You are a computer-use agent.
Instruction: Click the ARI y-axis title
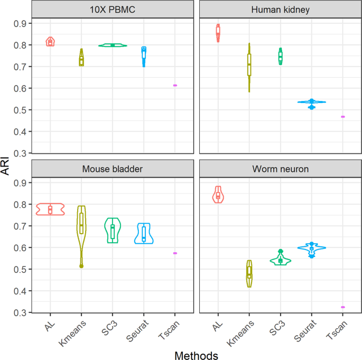tap(7, 168)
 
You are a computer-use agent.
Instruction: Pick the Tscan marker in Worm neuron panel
tap(342, 307)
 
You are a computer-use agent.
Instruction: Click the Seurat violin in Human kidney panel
tap(312, 102)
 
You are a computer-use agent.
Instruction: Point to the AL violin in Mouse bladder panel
tap(50, 209)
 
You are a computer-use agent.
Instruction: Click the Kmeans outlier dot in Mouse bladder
tap(81, 266)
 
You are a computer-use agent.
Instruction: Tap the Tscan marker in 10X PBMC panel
tap(175, 85)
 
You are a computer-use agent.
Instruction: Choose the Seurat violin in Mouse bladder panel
tap(144, 233)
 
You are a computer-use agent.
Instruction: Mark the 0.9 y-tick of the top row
tap(20, 24)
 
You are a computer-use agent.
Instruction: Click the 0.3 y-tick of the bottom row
tap(20, 312)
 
